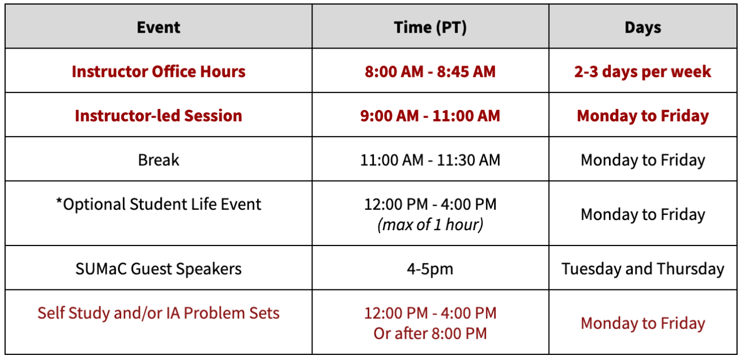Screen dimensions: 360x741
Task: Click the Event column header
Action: coord(158,28)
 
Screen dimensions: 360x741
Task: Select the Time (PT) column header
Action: coord(430,28)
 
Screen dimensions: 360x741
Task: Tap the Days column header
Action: coord(643,28)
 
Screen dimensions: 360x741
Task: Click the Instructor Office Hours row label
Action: coord(158,72)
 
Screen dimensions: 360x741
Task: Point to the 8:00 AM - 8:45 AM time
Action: coord(430,72)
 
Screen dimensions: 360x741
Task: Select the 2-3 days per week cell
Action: coord(643,72)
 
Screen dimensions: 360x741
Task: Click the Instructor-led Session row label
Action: coord(158,116)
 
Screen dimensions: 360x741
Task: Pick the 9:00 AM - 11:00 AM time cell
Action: coord(430,116)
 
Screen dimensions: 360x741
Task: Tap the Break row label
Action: coord(158,160)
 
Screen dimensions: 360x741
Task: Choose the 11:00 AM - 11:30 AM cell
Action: coord(430,160)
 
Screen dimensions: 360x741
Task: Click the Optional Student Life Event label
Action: coord(162,204)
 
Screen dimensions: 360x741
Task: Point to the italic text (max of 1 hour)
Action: coord(430,225)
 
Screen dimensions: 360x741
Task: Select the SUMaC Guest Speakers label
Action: coord(158,269)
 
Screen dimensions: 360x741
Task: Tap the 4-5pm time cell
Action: coord(430,269)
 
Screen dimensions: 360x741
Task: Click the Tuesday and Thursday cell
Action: coord(643,269)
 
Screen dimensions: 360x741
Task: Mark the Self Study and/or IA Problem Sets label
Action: coord(158,313)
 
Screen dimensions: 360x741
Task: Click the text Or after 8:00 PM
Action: coord(430,333)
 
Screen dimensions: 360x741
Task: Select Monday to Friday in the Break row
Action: coord(643,160)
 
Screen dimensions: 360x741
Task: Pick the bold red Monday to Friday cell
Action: coord(643,116)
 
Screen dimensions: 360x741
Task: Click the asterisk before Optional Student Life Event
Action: coord(59,201)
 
